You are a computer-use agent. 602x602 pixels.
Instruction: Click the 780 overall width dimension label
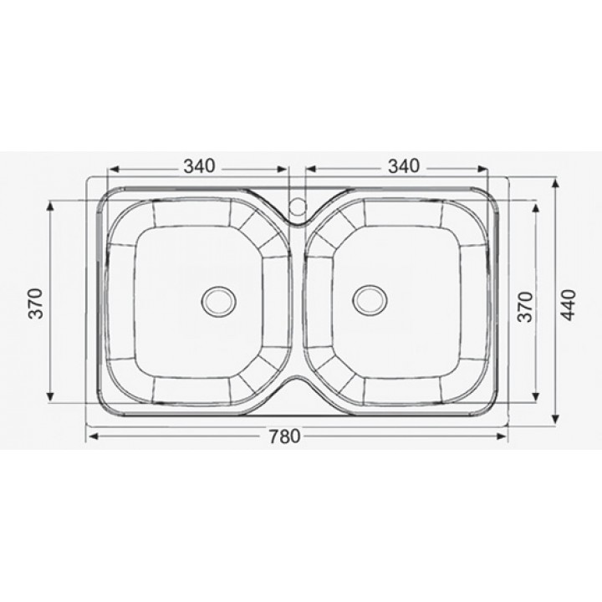[284, 436]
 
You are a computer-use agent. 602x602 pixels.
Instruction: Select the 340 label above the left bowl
[199, 166]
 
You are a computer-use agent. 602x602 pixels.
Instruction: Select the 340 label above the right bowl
[404, 166]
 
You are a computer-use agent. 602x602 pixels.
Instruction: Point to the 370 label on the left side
[36, 304]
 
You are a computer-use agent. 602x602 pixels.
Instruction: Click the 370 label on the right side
[526, 307]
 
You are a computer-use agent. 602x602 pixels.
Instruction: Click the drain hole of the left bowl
[219, 301]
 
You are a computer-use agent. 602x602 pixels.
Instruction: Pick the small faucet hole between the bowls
[298, 206]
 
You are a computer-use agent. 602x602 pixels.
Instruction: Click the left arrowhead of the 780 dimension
[94, 436]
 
